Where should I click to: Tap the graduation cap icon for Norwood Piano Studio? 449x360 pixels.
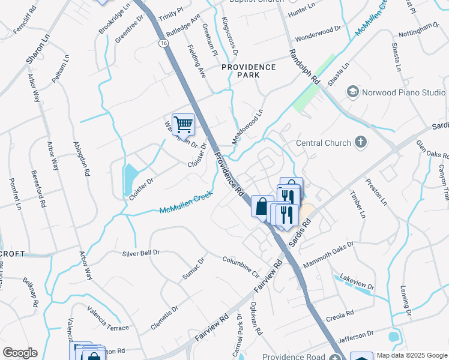click(353, 92)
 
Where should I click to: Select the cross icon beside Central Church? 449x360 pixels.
click(360, 142)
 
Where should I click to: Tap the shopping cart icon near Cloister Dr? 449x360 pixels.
click(184, 125)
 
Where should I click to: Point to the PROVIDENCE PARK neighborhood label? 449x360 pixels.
click(249, 71)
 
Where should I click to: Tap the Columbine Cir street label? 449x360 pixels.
click(241, 267)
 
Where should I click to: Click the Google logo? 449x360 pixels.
click(20, 353)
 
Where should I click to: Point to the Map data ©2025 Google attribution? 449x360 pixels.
click(411, 355)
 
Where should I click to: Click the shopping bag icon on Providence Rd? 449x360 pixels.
click(262, 206)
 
